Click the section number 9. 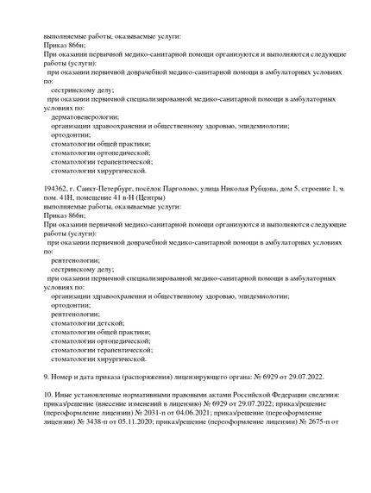click(x=46, y=377)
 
